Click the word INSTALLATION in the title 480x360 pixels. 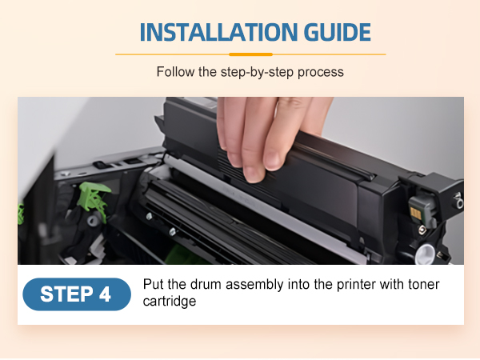(218, 32)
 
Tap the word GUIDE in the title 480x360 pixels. (338, 32)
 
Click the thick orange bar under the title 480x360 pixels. (250, 54)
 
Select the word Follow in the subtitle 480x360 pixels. (175, 72)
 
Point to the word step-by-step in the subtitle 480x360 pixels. (257, 73)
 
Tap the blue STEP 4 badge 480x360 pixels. (77, 294)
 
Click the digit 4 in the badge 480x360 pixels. (105, 294)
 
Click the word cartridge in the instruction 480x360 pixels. (170, 302)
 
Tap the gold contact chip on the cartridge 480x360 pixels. (416, 213)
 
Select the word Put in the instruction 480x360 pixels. (154, 284)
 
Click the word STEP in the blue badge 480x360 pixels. (66, 294)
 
